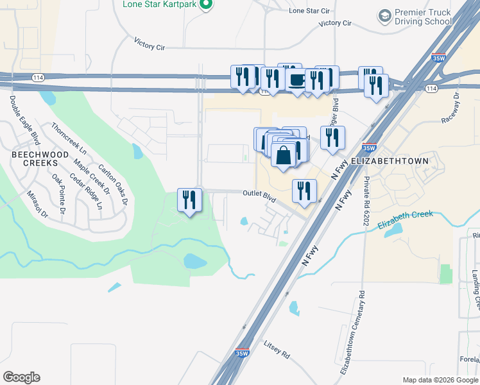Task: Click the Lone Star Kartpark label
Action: point(159,4)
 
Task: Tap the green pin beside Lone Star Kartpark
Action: point(205,5)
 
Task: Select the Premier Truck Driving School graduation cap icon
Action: point(385,15)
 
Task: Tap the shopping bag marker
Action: point(283,156)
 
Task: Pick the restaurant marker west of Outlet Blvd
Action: point(189,200)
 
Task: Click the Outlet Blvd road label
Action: point(259,196)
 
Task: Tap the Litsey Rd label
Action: point(277,349)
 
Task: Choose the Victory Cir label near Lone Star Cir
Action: point(335,23)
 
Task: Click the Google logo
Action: point(21,377)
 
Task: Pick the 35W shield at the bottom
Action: point(241,352)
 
